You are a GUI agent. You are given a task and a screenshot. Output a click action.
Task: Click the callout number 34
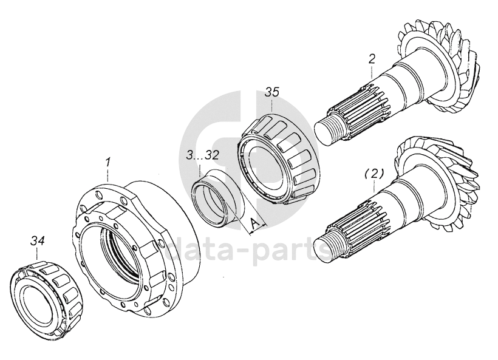coord(38,242)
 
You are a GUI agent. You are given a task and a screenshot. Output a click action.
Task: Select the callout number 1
coord(107,162)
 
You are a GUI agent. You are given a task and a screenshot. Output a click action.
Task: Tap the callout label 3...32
coord(203,155)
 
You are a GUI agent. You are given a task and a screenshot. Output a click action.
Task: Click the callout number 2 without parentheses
coord(372,59)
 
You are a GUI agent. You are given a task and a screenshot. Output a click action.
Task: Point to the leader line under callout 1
coord(108,175)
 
